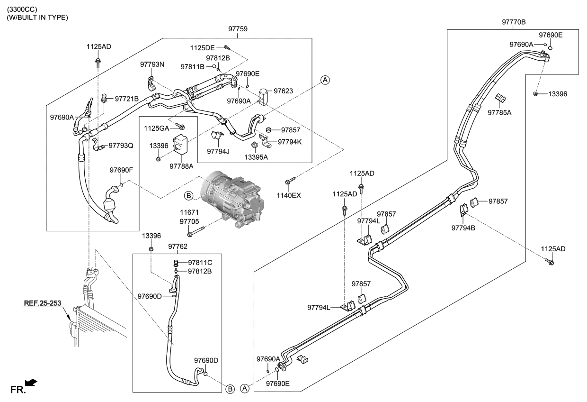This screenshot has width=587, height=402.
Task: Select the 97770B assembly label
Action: [x=514, y=22]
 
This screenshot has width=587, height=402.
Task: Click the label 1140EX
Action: [x=289, y=195]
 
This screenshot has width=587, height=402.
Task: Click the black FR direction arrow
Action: [x=31, y=382]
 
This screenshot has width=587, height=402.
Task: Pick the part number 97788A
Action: [x=182, y=166]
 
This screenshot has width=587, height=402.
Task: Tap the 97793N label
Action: [x=152, y=64]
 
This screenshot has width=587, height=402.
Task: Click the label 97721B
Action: [x=127, y=99]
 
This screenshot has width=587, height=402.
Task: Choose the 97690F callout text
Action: [x=122, y=170]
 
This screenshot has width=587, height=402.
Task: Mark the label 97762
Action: [x=178, y=246]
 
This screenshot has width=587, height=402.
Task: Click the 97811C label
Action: [x=200, y=262]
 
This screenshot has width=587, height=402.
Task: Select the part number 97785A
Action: [x=500, y=112]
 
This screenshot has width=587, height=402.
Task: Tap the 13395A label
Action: [x=256, y=157]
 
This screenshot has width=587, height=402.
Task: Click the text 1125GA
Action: [x=157, y=128]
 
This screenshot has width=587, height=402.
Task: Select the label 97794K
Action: [x=290, y=141]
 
